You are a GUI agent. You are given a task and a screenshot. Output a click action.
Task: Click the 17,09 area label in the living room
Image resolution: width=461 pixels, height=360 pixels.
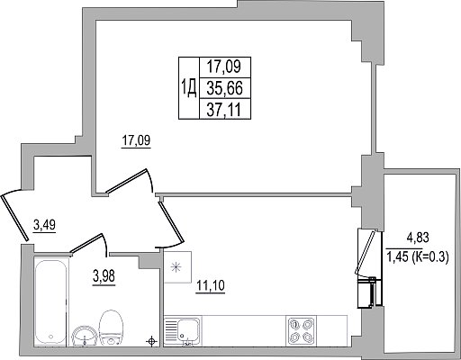click(136, 140)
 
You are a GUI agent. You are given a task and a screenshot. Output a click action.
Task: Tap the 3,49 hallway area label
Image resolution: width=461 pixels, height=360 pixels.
click(44, 225)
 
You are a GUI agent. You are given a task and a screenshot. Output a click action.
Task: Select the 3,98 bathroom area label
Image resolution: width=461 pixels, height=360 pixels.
click(104, 276)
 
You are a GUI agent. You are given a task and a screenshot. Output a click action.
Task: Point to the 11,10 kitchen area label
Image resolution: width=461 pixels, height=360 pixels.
click(211, 285)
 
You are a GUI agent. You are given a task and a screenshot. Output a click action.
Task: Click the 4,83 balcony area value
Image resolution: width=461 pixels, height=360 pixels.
click(418, 238)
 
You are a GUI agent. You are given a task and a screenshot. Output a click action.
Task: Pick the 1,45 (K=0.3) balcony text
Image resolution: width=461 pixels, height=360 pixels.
click(418, 256)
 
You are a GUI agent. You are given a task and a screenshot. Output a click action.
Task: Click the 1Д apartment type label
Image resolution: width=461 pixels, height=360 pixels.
click(189, 88)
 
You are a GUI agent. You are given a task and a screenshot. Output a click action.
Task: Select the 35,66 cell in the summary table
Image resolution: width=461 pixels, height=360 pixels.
click(225, 88)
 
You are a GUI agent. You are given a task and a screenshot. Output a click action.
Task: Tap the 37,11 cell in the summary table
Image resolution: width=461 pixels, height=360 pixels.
click(225, 110)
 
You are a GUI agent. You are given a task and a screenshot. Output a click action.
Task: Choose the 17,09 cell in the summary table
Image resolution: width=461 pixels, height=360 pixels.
click(225, 67)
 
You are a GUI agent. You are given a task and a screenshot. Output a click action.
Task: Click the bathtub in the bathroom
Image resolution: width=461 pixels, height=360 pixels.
click(50, 301)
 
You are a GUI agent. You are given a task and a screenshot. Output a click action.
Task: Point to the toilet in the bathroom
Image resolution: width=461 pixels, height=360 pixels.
click(111, 328)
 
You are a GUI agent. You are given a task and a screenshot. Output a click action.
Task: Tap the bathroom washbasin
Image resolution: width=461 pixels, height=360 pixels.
click(85, 336)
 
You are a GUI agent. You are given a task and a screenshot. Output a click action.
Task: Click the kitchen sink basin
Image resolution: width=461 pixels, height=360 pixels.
click(188, 329)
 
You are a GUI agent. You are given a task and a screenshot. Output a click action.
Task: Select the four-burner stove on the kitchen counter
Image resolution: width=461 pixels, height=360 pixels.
click(301, 331)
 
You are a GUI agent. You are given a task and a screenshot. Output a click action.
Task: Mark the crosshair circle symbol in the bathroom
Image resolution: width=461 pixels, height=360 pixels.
click(151, 341)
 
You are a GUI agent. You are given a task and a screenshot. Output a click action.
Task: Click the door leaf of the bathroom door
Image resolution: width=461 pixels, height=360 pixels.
click(86, 244)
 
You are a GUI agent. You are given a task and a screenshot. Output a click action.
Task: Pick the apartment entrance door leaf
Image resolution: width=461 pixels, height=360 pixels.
click(15, 218)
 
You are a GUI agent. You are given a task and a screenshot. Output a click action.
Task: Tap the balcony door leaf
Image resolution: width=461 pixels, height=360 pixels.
click(366, 253)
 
